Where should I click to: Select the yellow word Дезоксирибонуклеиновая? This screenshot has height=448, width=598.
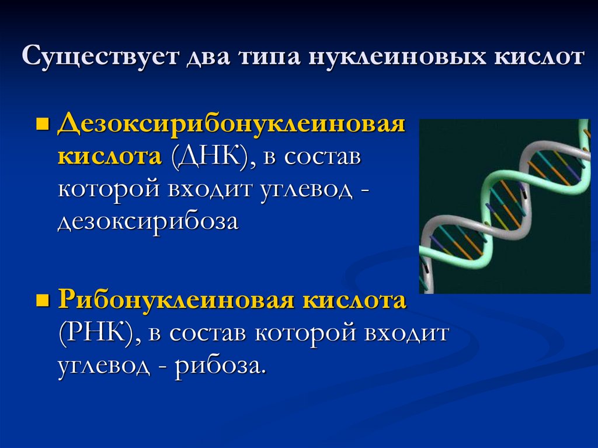coord(231,126)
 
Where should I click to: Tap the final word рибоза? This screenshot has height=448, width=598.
coord(221,366)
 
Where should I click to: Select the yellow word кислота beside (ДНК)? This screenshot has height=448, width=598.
coord(109,157)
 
